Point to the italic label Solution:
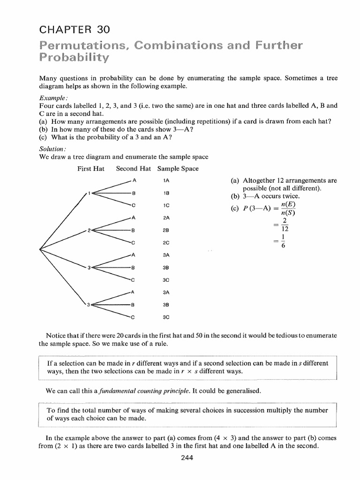(x=54, y=150)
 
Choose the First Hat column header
(x=90, y=169)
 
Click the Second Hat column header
(x=133, y=169)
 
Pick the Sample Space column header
(x=178, y=169)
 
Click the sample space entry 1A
(x=166, y=180)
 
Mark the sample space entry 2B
(x=166, y=230)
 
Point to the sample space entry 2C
(x=166, y=243)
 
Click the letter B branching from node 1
(x=134, y=193)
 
